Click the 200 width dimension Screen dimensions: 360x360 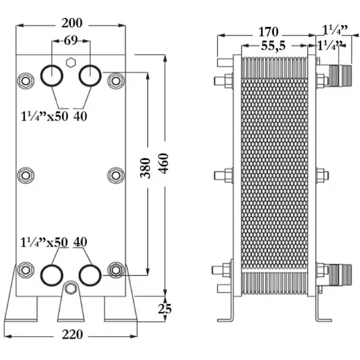(70, 24)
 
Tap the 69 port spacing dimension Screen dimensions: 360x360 (70, 41)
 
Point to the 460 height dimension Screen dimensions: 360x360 (164, 163)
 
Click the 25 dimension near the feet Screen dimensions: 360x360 (165, 309)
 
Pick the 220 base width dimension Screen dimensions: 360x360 (72, 335)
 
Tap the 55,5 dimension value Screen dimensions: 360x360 (272, 46)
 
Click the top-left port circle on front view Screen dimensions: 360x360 (51, 75)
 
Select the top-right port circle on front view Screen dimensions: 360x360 (90, 75)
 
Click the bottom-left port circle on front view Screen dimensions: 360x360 (51, 275)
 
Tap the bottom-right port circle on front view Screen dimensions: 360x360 (90, 275)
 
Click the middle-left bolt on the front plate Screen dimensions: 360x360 (25, 175)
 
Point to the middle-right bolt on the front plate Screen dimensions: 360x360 (116, 175)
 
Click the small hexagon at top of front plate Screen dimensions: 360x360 (70, 61)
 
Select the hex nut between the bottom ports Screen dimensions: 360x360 (70, 290)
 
